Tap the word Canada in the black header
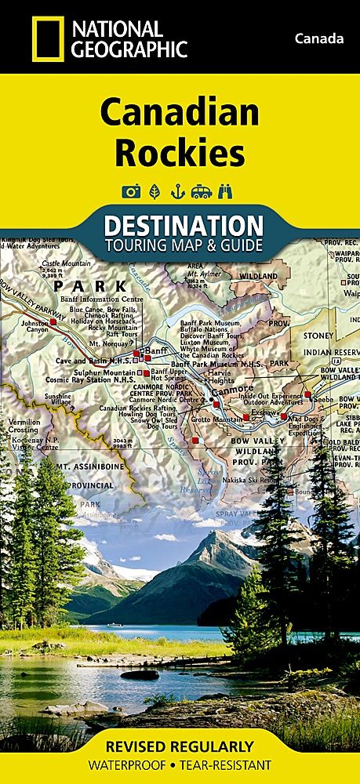click(x=319, y=38)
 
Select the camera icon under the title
click(x=129, y=191)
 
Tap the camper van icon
click(x=203, y=191)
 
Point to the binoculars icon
click(x=230, y=191)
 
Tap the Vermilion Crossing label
click(x=23, y=426)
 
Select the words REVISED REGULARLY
click(x=180, y=746)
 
